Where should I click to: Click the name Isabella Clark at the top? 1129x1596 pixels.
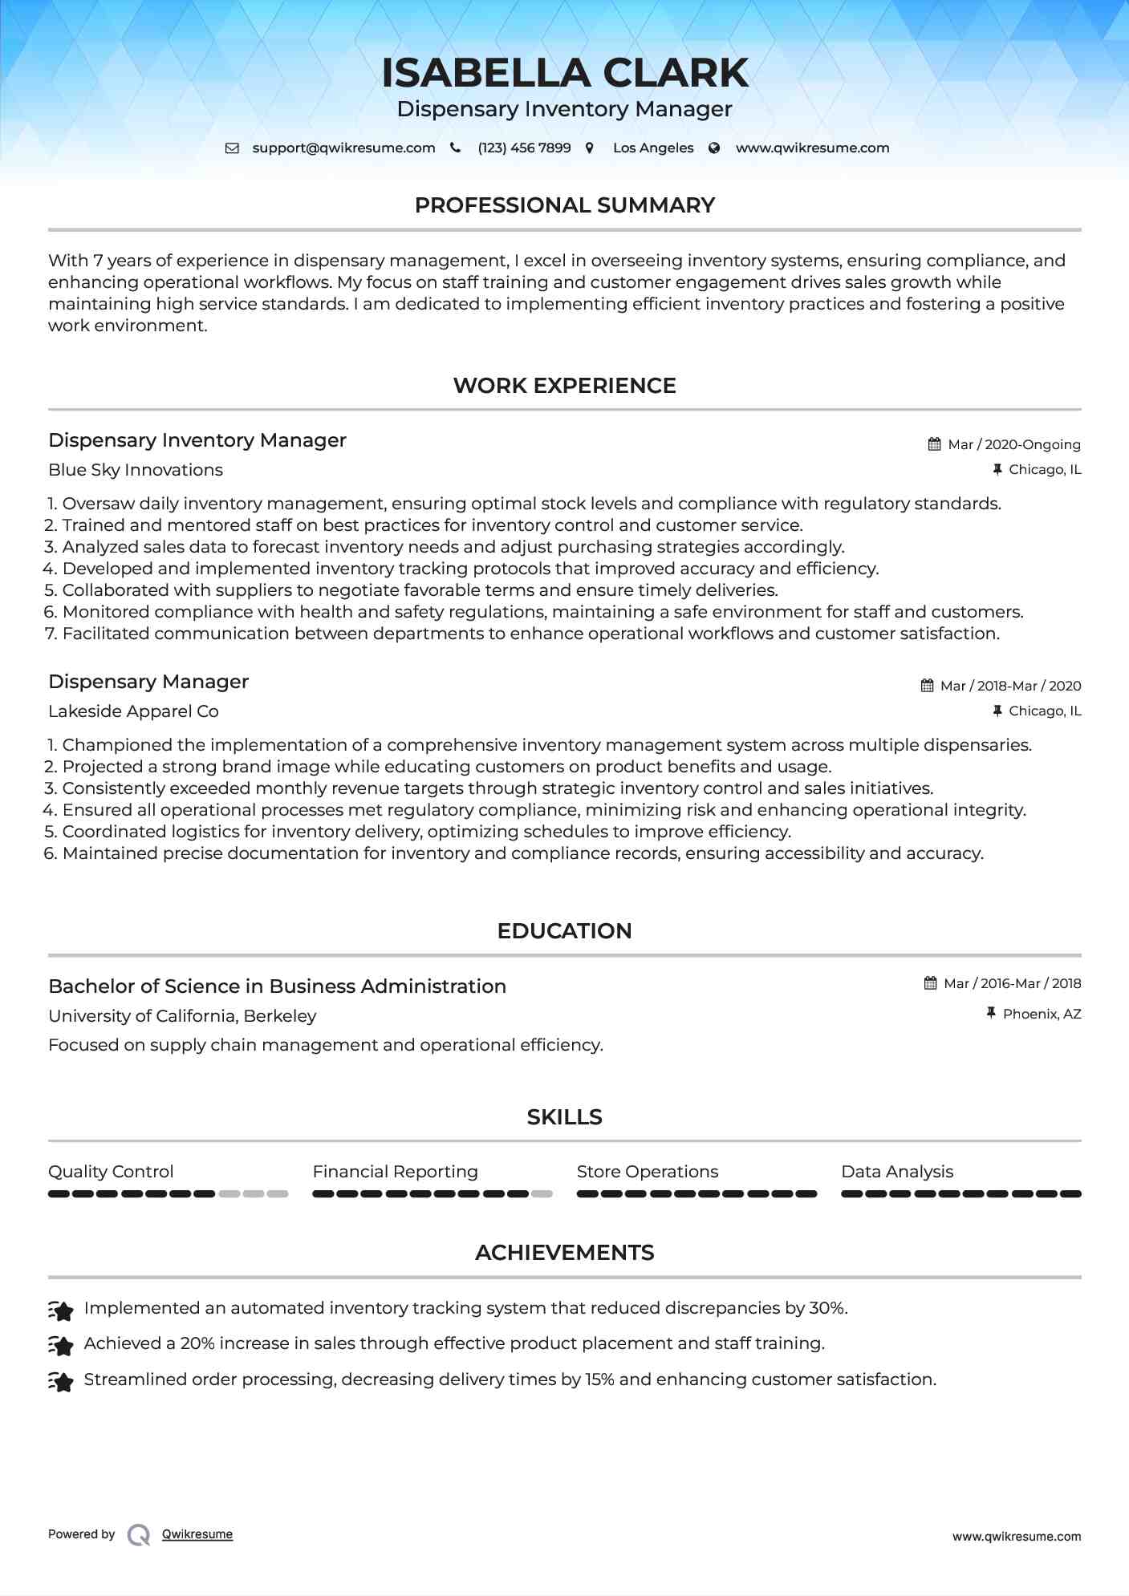point(564,73)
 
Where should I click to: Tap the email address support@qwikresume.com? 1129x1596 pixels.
point(343,148)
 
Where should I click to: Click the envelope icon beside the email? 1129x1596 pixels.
point(232,148)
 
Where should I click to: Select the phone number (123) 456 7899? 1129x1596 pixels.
point(524,148)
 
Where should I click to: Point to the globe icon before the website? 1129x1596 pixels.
point(714,148)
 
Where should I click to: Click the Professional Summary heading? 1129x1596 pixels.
point(564,205)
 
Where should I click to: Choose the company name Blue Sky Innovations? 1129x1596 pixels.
point(136,470)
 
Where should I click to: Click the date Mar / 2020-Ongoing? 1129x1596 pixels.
point(1013,445)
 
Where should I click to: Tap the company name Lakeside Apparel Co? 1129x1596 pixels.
point(133,711)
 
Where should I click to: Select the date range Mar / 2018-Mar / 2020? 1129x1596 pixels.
point(1010,687)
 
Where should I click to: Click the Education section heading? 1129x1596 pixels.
point(564,931)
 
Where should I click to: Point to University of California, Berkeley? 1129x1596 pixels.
point(182,1016)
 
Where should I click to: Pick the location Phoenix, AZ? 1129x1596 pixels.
point(1042,1015)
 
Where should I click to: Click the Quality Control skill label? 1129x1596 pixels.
point(111,1172)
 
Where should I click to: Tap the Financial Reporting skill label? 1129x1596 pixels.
point(395,1172)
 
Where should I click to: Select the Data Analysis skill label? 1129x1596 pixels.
point(897,1172)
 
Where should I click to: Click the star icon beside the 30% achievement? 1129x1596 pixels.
point(61,1310)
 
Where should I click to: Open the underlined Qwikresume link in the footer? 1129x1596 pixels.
point(197,1534)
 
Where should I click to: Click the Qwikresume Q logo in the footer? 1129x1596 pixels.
point(139,1535)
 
